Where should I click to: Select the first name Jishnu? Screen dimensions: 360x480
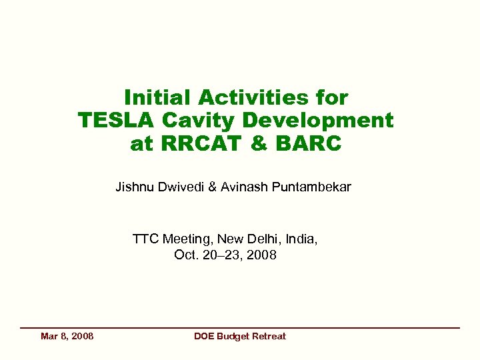click(135, 187)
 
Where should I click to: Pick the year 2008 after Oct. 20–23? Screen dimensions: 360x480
click(261, 255)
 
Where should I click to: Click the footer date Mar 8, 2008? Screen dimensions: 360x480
click(67, 336)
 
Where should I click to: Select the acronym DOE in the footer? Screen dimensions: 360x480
click(204, 336)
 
